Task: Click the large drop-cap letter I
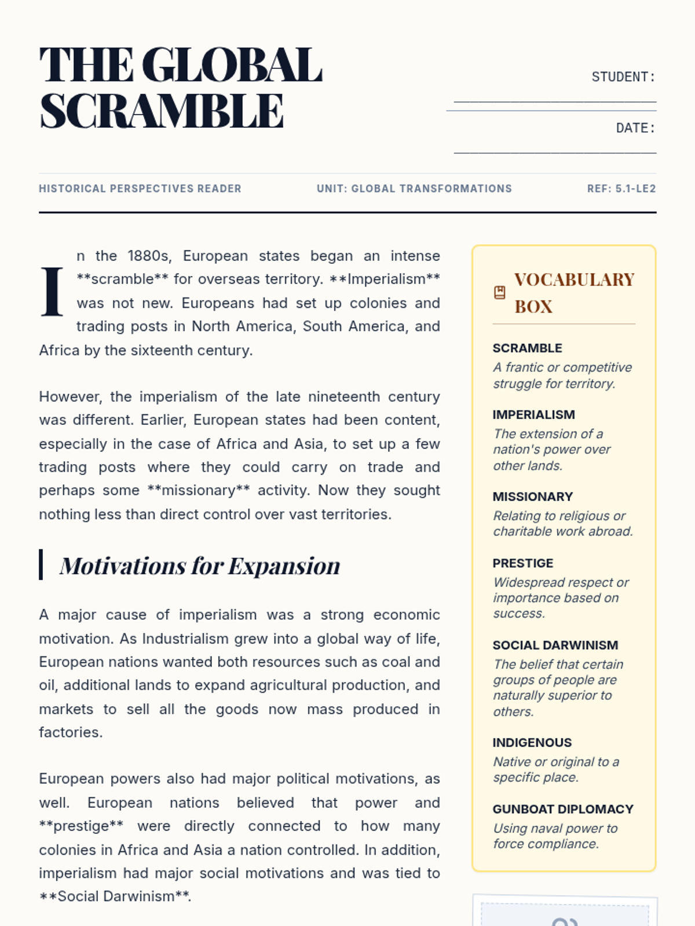(x=52, y=292)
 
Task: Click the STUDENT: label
(x=623, y=77)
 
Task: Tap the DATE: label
(x=635, y=128)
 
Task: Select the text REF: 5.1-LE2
(x=621, y=189)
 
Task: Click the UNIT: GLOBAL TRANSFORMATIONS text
(x=414, y=189)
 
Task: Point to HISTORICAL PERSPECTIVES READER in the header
(x=140, y=189)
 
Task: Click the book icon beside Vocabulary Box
(x=500, y=293)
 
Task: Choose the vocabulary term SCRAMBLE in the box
(x=527, y=348)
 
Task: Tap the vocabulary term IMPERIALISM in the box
(x=533, y=414)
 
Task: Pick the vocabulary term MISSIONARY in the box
(x=532, y=497)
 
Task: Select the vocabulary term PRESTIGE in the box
(x=522, y=563)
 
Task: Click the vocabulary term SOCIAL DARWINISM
(x=555, y=645)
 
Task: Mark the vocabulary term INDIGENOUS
(x=532, y=743)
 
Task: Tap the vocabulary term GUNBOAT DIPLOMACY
(x=562, y=809)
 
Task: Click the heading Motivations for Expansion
(x=200, y=565)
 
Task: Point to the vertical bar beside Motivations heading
(x=41, y=564)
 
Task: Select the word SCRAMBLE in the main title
(x=162, y=111)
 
